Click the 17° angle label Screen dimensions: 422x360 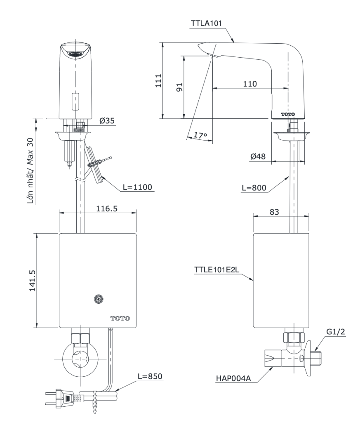pyautogui.click(x=199, y=135)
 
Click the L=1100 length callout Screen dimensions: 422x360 pyautogui.click(x=137, y=187)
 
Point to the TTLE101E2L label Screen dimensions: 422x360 pyautogui.click(x=217, y=270)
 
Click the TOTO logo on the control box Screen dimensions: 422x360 pyautogui.click(x=120, y=318)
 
